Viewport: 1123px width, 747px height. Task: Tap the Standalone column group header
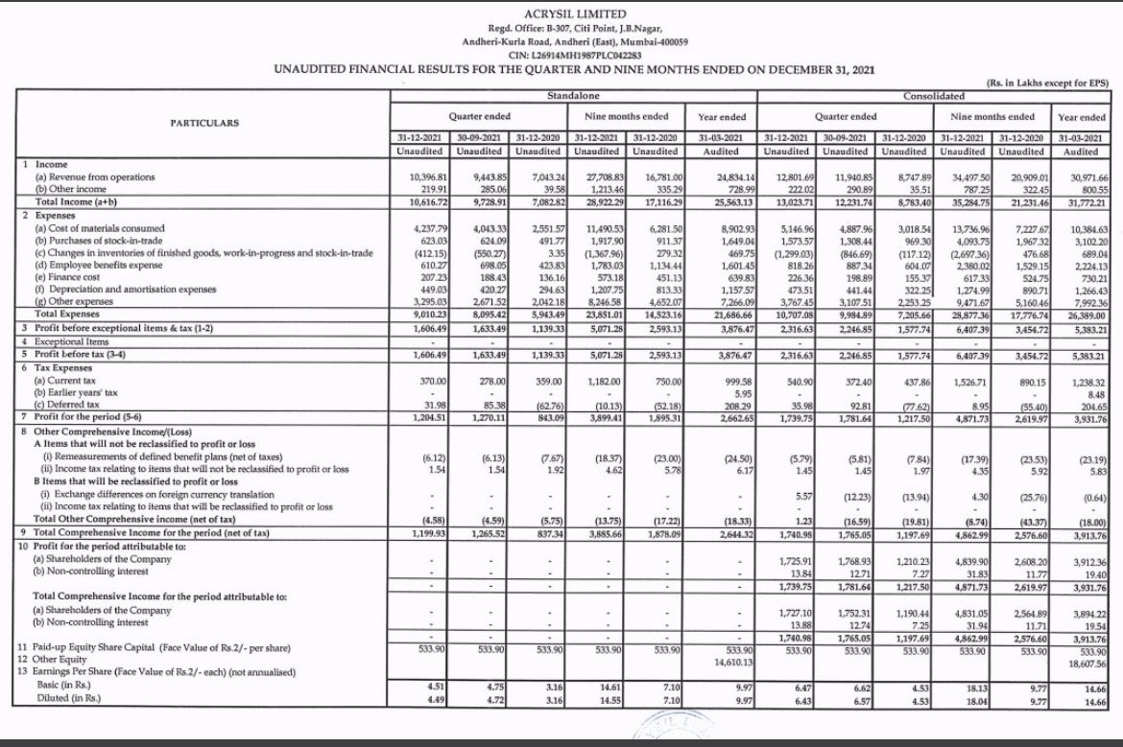click(573, 98)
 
